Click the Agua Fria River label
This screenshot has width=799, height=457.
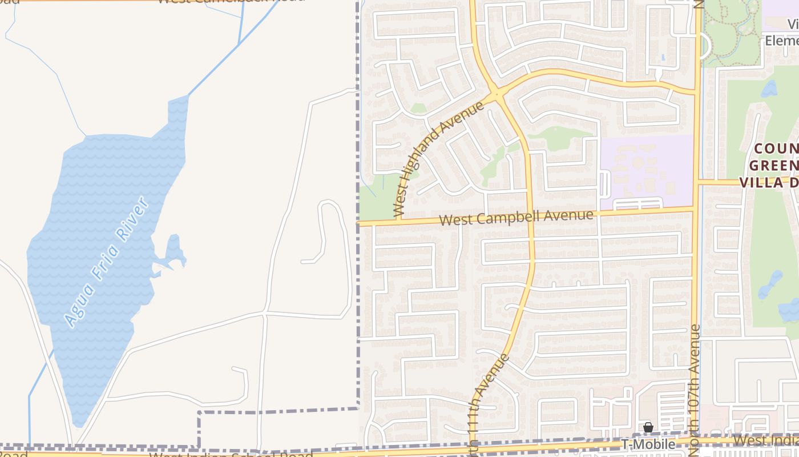(107, 262)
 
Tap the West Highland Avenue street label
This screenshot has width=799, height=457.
(439, 159)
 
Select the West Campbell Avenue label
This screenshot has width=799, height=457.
(517, 218)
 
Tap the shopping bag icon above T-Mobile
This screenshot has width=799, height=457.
(648, 427)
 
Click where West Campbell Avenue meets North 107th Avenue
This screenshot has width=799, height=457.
(695, 210)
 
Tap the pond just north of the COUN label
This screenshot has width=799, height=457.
(769, 89)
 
